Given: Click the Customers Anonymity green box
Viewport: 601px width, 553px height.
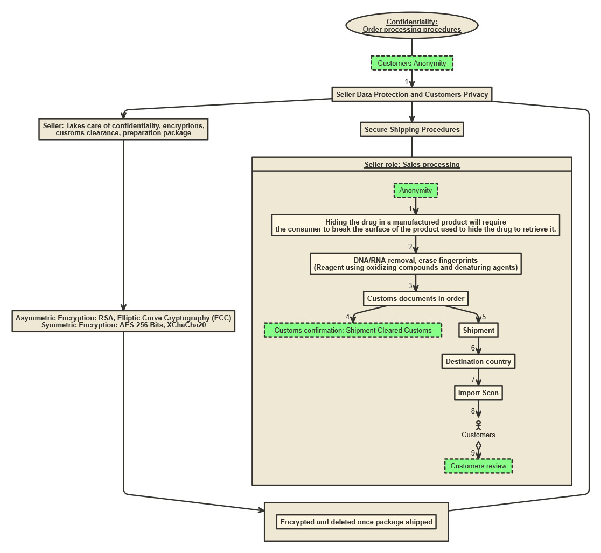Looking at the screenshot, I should tap(412, 63).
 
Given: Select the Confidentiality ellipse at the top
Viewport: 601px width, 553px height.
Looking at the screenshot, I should tap(412, 25).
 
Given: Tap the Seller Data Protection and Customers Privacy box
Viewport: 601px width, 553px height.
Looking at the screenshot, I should tap(412, 94).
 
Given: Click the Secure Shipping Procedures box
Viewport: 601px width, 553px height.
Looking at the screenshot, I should tap(412, 129).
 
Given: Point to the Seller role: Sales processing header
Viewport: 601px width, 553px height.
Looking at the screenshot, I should tap(412, 164).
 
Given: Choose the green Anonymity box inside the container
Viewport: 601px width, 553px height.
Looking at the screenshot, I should tap(416, 190).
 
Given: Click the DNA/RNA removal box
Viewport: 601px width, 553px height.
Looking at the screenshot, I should tap(416, 264).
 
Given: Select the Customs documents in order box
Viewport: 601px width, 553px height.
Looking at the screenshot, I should tap(416, 298).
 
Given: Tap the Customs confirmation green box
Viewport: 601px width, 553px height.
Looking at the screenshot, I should tap(353, 330).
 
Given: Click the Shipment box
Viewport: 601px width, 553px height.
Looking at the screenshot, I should tap(478, 330).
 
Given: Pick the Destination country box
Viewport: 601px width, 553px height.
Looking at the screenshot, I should tap(478, 361).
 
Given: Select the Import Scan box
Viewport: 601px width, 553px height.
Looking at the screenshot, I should tap(478, 393).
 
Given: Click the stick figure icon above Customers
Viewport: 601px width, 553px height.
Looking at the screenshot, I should tap(478, 425).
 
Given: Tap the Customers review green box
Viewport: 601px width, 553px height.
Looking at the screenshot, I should tap(478, 466).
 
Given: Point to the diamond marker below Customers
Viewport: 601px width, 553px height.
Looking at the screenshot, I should tap(478, 446).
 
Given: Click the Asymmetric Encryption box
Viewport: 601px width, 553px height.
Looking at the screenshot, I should tap(123, 321).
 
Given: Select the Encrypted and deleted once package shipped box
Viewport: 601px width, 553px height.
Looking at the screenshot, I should tap(356, 522).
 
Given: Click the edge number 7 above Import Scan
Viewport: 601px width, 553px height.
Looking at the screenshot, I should tap(473, 380).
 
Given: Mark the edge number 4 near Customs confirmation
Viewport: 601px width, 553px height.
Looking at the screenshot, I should tap(348, 317).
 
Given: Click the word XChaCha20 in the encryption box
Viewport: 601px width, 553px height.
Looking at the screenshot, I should tap(186, 325).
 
